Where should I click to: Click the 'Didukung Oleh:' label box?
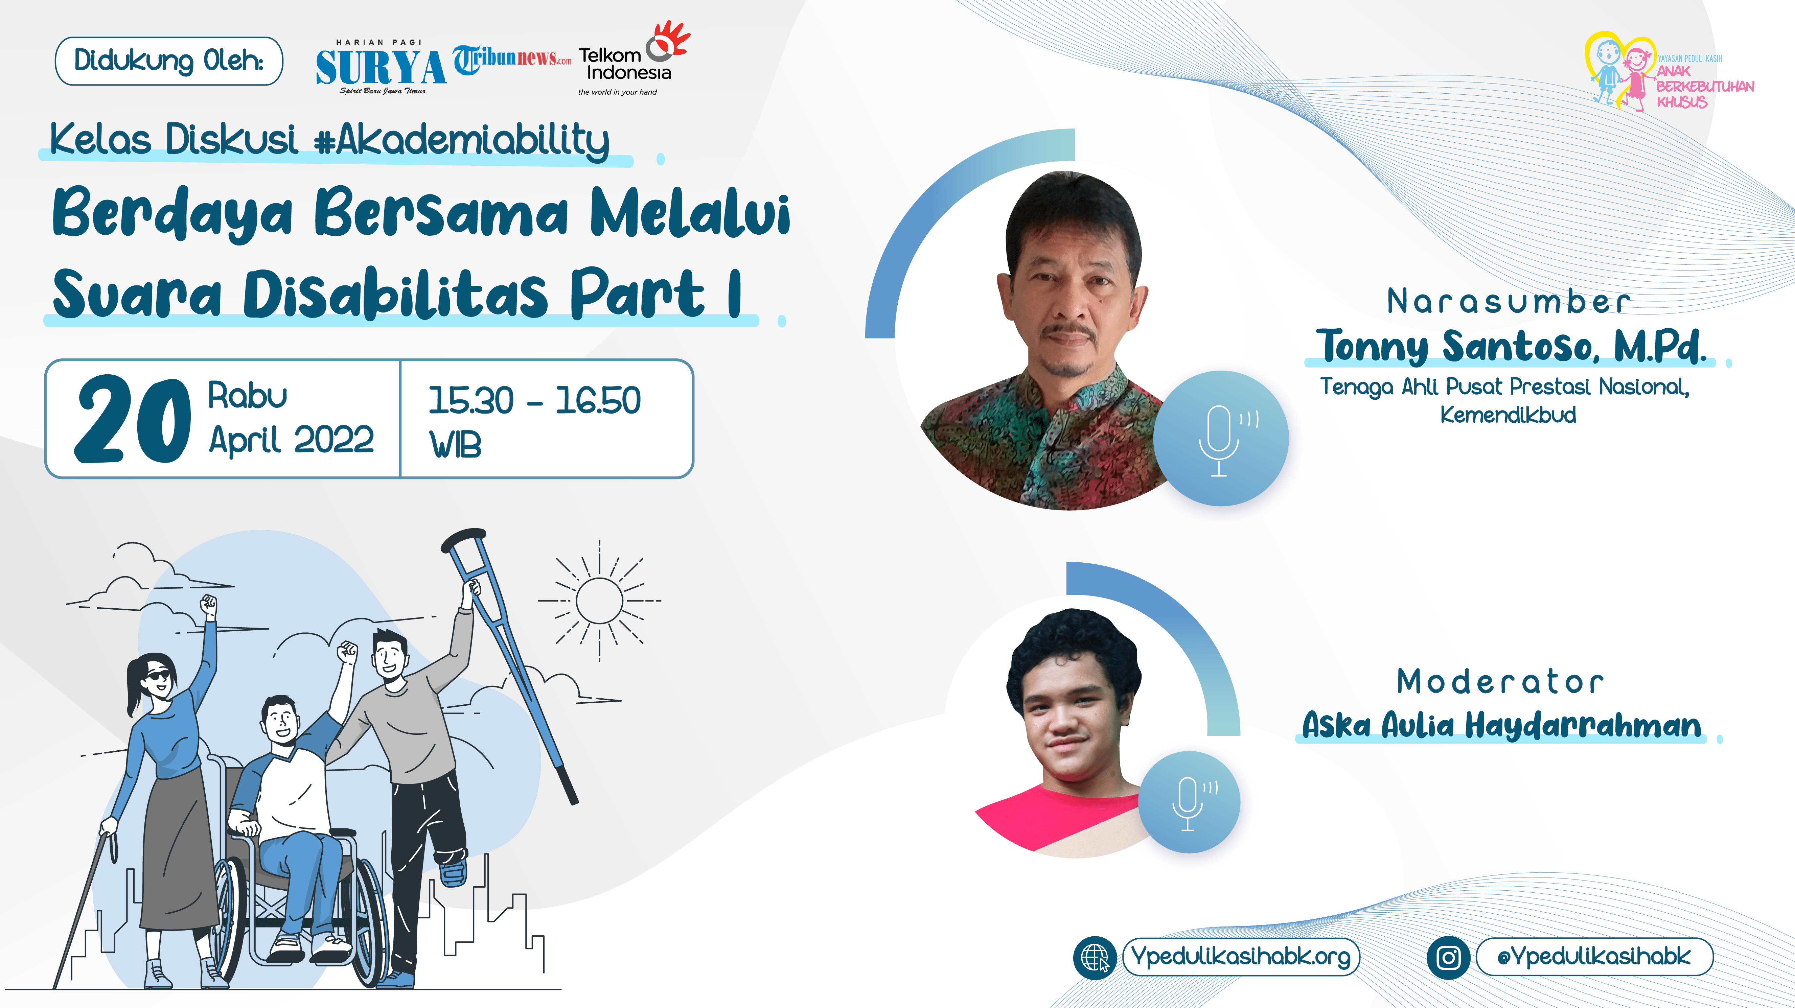[x=169, y=61]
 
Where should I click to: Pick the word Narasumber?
[x=1508, y=302]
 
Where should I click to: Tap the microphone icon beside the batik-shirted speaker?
[x=1221, y=439]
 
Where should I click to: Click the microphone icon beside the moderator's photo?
[x=1190, y=802]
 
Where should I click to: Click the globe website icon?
[x=1095, y=958]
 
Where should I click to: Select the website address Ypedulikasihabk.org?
[x=1241, y=957]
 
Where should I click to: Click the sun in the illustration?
[x=599, y=601]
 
